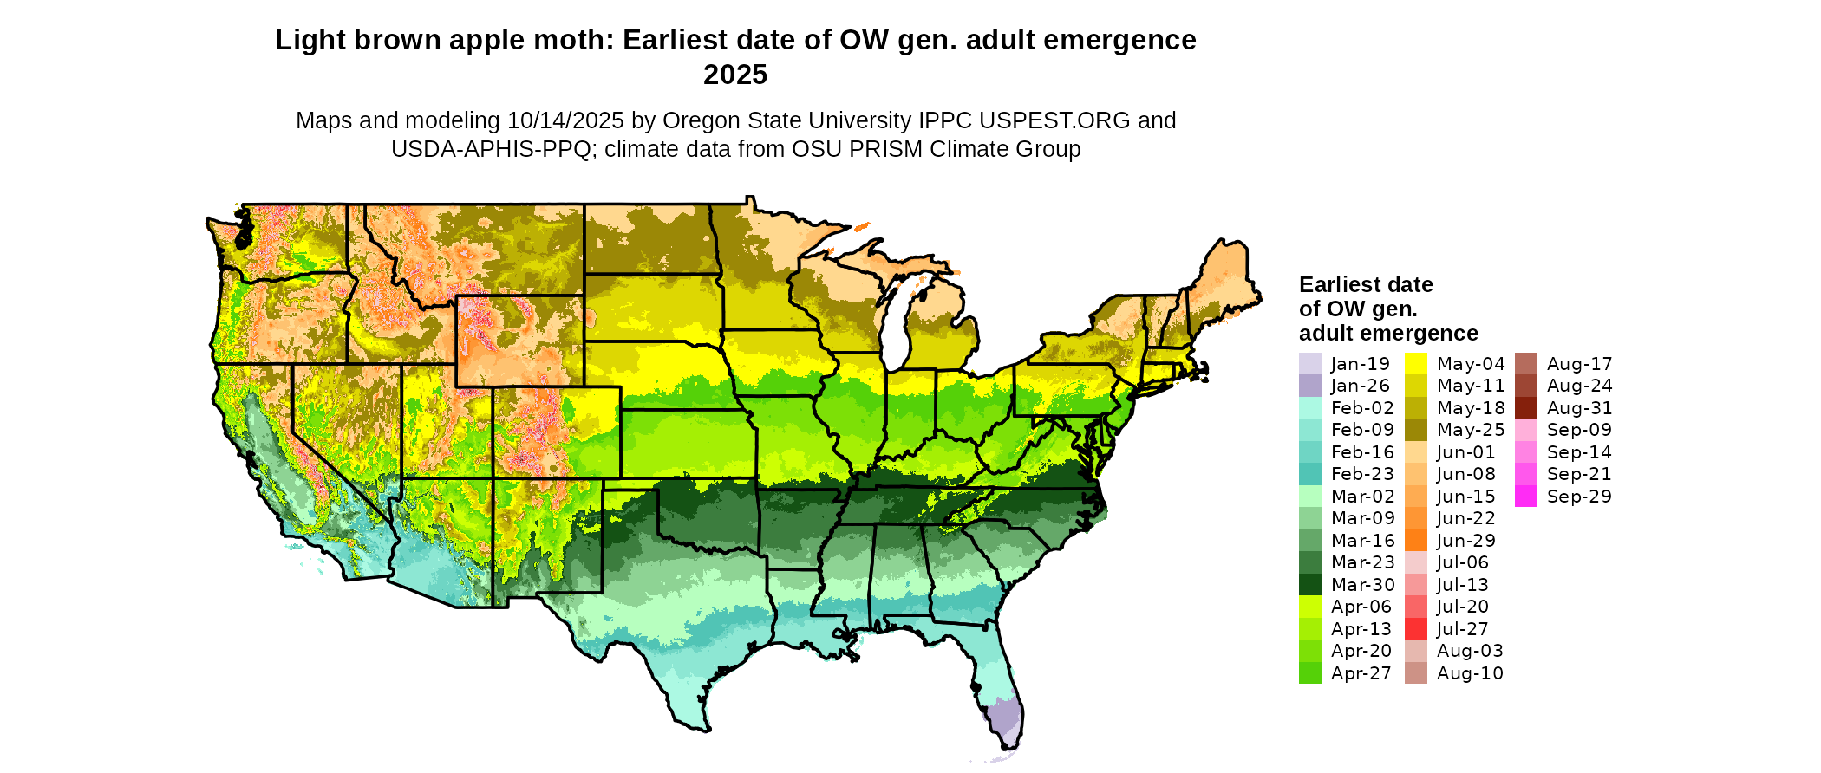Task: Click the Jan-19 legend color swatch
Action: (x=1309, y=364)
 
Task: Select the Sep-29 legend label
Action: (x=1579, y=497)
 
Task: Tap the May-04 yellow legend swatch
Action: (x=1415, y=364)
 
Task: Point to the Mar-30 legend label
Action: (x=1362, y=585)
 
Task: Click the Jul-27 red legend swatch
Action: (x=1415, y=629)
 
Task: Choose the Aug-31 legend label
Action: (x=1579, y=408)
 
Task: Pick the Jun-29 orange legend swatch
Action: (x=1415, y=541)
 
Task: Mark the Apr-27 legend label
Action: (x=1361, y=673)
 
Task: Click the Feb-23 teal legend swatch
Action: (x=1309, y=474)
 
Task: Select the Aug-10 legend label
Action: (x=1470, y=673)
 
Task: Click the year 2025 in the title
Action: (x=735, y=75)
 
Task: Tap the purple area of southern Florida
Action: (x=1003, y=718)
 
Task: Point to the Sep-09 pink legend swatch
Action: (x=1526, y=430)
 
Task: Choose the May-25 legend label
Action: (x=1471, y=430)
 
